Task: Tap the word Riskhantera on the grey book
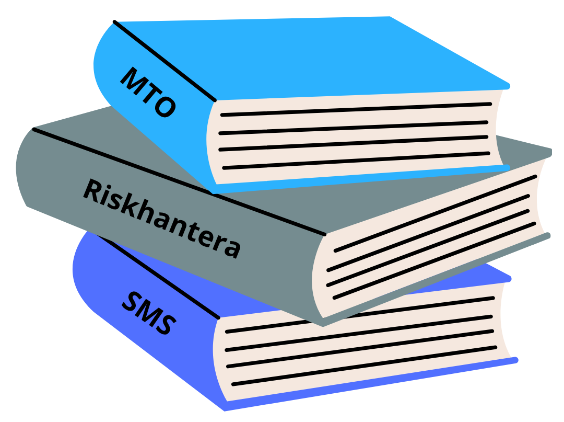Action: [x=162, y=219]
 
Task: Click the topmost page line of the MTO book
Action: [x=355, y=109]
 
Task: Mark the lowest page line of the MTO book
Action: [x=355, y=161]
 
